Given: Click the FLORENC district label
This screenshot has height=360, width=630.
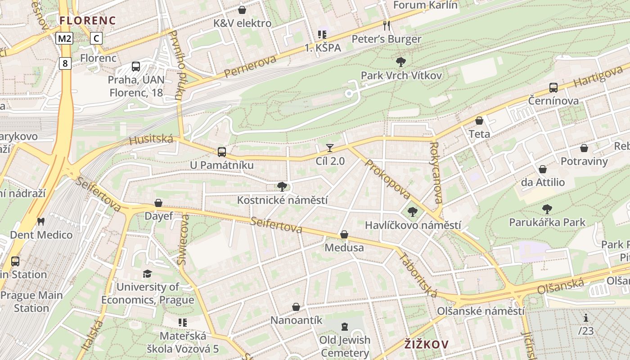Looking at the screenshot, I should click(x=88, y=20).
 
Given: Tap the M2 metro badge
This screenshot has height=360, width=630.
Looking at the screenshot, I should click(x=64, y=38).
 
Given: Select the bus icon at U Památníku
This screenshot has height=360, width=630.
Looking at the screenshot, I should click(x=221, y=152).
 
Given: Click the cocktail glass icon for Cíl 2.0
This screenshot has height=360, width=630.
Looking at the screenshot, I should click(x=330, y=148).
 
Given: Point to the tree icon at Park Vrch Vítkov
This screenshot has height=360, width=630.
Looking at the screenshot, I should click(x=400, y=62).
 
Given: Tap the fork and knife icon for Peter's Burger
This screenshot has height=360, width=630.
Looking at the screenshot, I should click(x=386, y=25).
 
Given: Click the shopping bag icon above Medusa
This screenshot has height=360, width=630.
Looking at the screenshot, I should click(x=344, y=234).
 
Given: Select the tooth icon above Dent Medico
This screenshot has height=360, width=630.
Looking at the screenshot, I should click(x=41, y=221).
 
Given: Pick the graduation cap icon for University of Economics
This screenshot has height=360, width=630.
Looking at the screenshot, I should click(x=147, y=274).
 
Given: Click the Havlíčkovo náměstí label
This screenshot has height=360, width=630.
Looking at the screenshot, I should click(x=413, y=225).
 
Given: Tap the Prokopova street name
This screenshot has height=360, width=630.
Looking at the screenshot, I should click(x=387, y=179).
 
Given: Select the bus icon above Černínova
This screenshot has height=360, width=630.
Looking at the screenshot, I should click(x=553, y=88).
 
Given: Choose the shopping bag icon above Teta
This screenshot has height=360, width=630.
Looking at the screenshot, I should click(x=479, y=121).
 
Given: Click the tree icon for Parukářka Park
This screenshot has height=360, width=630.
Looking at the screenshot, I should click(x=547, y=209).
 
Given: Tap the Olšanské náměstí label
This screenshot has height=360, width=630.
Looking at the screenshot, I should click(x=481, y=311).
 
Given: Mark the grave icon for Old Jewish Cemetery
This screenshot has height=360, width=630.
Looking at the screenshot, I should click(x=345, y=326).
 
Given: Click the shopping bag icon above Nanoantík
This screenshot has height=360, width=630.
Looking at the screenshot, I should click(x=296, y=307).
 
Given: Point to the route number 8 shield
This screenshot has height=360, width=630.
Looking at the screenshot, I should click(x=65, y=63).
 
